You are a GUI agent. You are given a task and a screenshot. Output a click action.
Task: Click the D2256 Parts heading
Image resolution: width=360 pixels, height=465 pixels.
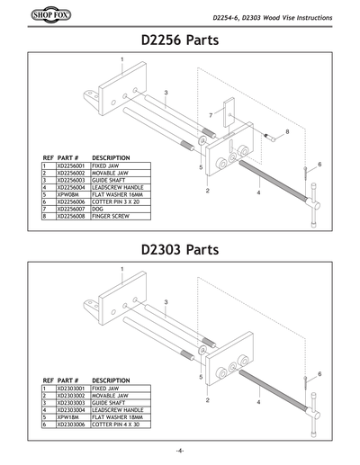pyautogui.click(x=180, y=40)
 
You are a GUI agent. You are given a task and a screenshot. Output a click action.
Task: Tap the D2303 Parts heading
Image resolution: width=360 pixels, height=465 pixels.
pyautogui.click(x=180, y=250)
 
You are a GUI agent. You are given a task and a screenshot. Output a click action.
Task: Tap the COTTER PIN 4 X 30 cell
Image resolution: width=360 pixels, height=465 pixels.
pyautogui.click(x=116, y=424)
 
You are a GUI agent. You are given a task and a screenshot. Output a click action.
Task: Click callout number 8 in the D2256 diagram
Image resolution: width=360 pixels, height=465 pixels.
pyautogui.click(x=286, y=131)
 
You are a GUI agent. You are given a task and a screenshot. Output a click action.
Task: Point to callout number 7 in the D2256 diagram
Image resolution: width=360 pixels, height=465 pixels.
pyautogui.click(x=210, y=115)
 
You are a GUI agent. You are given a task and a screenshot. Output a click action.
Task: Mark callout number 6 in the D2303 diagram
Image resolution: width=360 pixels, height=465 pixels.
pyautogui.click(x=319, y=372)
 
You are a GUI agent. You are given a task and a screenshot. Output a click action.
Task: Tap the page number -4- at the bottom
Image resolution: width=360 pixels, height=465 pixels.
pyautogui.click(x=180, y=450)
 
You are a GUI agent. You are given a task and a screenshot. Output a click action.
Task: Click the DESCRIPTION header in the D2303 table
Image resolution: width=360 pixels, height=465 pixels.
pyautogui.click(x=112, y=380)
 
